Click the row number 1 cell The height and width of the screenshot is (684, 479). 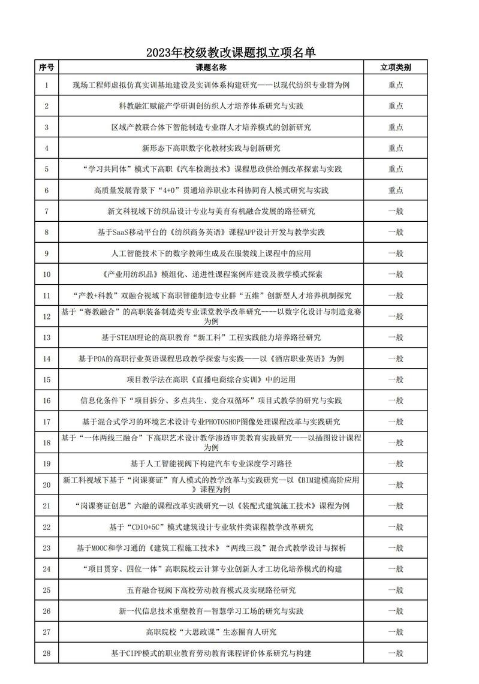coord(47,85)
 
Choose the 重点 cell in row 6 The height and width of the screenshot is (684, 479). coord(396,190)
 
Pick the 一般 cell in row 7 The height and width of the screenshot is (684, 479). coord(396,211)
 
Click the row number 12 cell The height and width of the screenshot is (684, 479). coord(47,316)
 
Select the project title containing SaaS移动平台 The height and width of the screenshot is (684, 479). coord(211,232)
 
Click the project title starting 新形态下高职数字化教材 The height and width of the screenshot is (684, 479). coord(211,148)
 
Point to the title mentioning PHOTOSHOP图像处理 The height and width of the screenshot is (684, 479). coord(211,421)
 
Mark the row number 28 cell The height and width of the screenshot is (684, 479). coord(47,653)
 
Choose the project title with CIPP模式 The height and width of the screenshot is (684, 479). coord(211,653)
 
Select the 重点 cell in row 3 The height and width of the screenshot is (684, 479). coord(396,127)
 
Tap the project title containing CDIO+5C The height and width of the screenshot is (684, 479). coord(211,527)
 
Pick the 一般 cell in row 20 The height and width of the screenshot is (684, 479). coord(396,484)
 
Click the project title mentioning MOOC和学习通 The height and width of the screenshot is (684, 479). coord(211,548)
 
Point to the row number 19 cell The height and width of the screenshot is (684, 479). coord(47,463)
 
